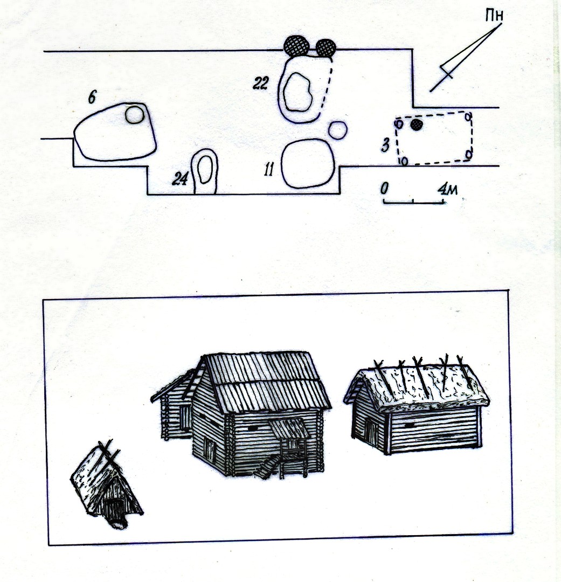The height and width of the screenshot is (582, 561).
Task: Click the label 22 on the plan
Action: [260, 84]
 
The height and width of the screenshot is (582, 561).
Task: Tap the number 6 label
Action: [92, 98]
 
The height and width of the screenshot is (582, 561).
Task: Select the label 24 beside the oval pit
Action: [180, 179]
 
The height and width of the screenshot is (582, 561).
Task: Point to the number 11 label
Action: [269, 170]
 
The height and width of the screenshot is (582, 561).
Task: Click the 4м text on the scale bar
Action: [447, 189]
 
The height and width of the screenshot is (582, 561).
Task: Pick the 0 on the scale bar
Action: [384, 189]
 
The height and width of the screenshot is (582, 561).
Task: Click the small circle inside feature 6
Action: [134, 115]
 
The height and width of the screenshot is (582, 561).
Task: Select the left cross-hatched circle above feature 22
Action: [296, 46]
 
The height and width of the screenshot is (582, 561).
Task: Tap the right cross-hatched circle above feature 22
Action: [326, 47]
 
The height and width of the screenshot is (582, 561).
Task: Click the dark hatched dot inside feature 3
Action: [417, 125]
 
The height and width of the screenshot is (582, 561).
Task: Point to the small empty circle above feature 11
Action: [338, 130]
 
